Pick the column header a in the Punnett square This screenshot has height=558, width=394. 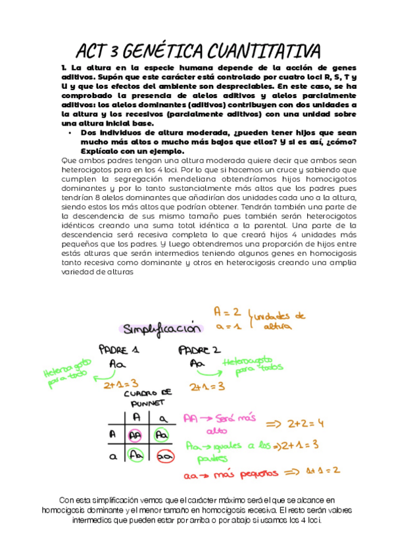[164, 417]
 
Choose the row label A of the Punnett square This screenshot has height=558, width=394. [112, 435]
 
